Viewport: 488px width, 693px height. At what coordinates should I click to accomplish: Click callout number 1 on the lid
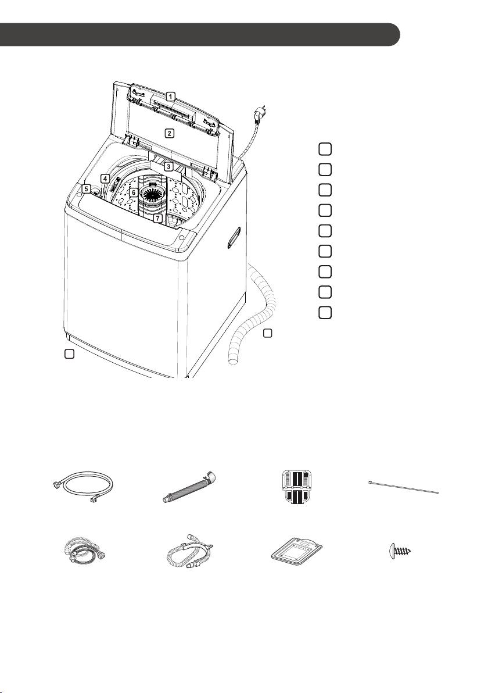170,96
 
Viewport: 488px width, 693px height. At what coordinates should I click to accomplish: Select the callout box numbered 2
169,133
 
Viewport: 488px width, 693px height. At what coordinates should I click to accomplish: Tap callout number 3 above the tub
168,167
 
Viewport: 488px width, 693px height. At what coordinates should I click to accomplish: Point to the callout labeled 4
105,179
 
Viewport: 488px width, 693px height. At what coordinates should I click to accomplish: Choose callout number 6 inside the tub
133,192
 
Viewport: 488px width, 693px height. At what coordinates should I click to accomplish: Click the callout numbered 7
158,218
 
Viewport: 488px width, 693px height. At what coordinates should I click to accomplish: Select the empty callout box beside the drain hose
268,333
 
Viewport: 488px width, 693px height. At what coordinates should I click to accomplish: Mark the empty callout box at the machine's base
69,353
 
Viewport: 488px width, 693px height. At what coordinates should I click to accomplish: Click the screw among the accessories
400,551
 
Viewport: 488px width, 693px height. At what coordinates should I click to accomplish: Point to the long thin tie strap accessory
403,488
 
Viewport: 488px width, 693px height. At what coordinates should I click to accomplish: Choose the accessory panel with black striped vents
296,488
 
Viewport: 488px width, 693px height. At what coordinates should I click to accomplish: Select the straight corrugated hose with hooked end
189,488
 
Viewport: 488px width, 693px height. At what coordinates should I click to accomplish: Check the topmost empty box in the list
325,149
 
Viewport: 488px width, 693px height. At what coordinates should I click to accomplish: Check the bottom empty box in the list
325,312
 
